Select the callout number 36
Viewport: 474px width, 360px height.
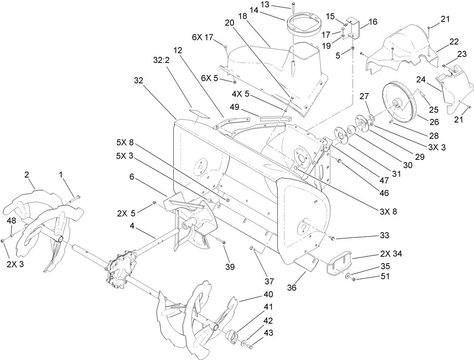pos(292,288)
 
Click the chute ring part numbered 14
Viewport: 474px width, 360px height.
pos(304,23)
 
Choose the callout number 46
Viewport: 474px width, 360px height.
pos(384,193)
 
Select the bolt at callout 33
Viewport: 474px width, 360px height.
pos(332,237)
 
